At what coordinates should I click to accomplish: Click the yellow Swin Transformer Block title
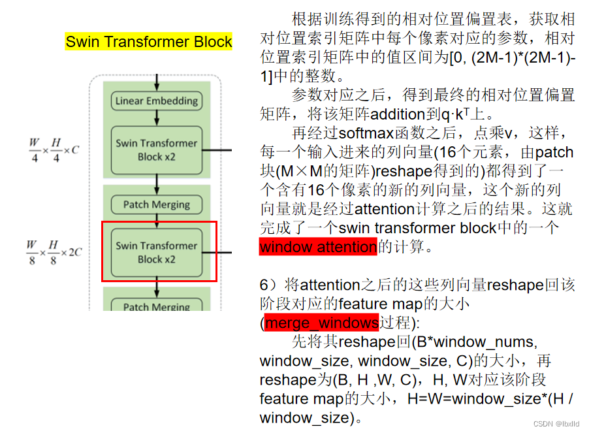149,42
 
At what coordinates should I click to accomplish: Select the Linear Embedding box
157,101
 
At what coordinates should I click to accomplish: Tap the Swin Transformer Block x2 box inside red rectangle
157,252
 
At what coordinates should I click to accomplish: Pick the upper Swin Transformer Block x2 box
157,150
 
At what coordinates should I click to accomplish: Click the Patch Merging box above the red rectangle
157,204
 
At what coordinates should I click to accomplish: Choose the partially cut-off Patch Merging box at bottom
157,306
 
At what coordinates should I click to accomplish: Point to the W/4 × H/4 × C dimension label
53,150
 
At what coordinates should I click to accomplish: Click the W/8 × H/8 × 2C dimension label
54,252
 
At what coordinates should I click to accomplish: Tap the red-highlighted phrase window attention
318,248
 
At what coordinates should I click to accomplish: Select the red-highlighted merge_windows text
321,323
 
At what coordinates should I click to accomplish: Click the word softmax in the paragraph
362,134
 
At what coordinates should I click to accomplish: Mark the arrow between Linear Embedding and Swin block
157,118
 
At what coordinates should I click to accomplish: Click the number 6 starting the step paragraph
264,285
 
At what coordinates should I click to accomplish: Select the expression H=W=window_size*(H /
490,398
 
